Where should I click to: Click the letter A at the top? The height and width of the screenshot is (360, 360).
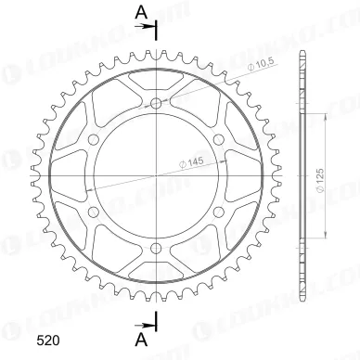click(x=140, y=11)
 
